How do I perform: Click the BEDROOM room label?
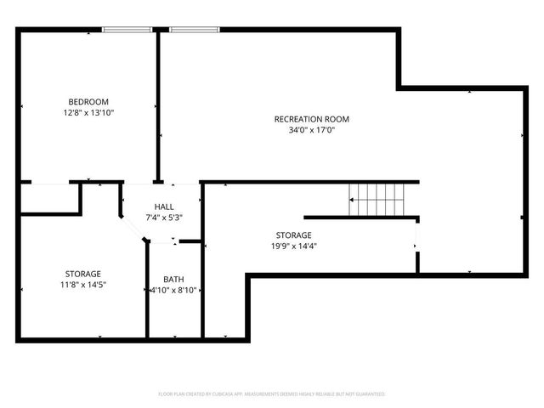coord(88,101)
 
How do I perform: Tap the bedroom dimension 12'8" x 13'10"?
coord(88,112)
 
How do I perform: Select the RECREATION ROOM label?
coord(311,119)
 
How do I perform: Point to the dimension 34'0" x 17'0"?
coord(311,130)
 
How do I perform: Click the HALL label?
coord(164,207)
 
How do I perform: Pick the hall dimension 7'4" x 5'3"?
coord(164,218)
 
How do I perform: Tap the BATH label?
coord(173,279)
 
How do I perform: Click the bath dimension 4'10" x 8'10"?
coord(173,290)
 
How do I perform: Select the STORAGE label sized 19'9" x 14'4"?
coord(293,235)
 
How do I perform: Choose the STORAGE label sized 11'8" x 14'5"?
coord(83,274)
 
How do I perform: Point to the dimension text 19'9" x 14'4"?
coord(293,246)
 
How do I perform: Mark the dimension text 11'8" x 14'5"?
coord(83,285)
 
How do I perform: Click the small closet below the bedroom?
coord(49,198)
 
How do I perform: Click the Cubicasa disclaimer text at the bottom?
coord(272,394)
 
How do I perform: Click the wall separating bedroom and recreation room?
coord(157,106)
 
